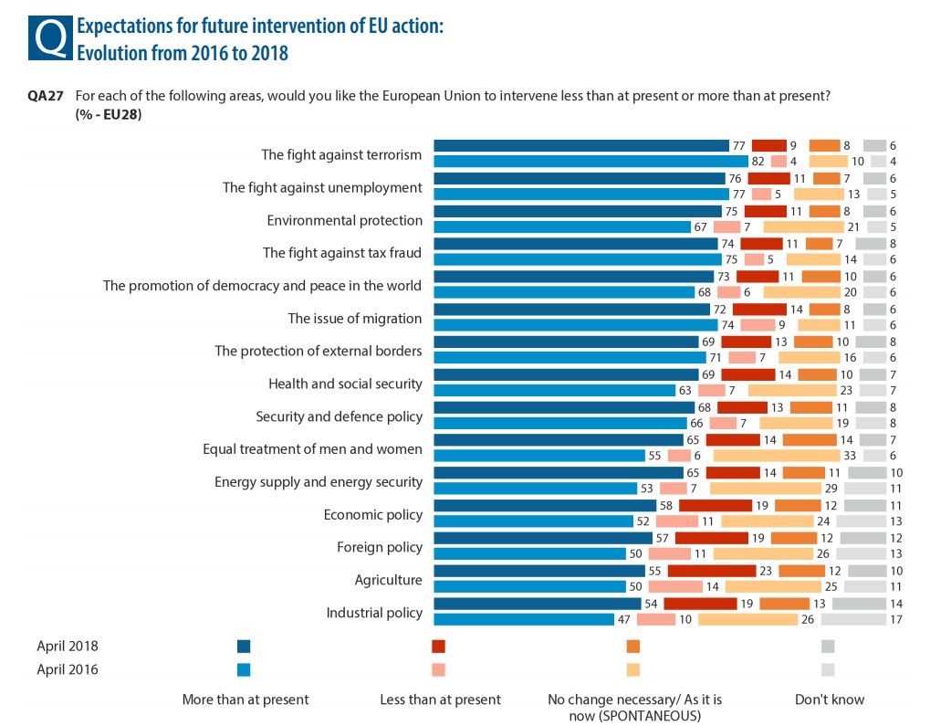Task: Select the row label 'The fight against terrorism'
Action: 341,154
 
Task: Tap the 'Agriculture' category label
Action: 388,580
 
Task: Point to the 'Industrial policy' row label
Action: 374,613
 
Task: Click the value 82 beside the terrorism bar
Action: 758,162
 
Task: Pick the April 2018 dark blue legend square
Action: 244,647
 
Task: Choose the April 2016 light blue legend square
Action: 244,669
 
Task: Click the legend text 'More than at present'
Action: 246,700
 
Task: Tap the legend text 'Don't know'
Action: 830,700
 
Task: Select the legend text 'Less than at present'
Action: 440,700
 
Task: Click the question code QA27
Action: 46,96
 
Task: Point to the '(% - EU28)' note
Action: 109,114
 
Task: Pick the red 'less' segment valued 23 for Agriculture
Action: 713,571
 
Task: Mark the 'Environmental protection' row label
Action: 344,220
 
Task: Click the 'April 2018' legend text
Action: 67,647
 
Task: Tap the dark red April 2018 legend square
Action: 439,647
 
